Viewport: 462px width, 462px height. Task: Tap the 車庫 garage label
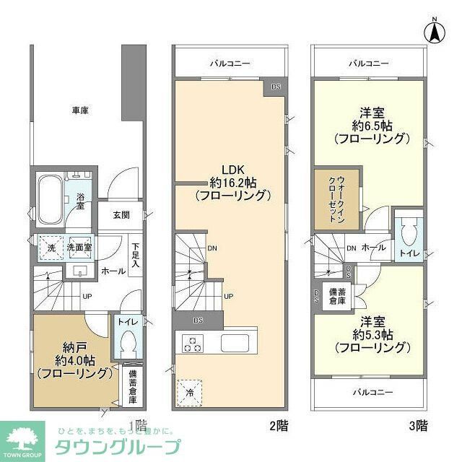click(x=80, y=110)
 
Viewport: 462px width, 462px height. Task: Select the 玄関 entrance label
click(x=121, y=214)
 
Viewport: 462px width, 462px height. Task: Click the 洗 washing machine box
click(x=48, y=247)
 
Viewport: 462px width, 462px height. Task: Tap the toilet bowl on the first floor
click(x=127, y=341)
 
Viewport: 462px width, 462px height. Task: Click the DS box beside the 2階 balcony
click(x=276, y=87)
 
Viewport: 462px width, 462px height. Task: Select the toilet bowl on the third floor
click(x=408, y=232)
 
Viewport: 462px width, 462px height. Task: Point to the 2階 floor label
click(x=279, y=426)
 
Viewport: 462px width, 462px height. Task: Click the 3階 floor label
click(x=418, y=426)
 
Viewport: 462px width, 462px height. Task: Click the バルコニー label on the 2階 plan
click(x=230, y=64)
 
